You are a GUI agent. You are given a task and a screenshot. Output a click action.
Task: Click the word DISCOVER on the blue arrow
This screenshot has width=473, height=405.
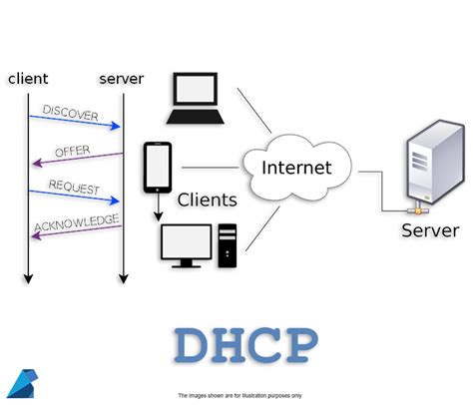[x=71, y=113]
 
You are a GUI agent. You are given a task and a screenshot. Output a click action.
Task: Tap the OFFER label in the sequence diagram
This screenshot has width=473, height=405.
[x=72, y=151]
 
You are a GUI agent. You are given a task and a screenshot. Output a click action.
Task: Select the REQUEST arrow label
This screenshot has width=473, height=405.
[x=72, y=189]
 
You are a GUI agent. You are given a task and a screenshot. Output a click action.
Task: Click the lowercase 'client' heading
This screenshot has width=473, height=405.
[x=27, y=78]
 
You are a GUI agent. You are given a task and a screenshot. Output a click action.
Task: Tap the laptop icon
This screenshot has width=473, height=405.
[x=196, y=99]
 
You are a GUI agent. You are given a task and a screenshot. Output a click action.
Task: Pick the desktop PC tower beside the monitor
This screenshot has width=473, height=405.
[x=229, y=244]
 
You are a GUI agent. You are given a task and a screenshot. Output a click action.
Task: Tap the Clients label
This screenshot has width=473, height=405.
[x=207, y=200]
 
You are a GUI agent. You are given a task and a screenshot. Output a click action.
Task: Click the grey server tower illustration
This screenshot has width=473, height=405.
[x=434, y=167]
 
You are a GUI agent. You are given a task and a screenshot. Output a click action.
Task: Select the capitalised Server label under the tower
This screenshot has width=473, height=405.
[x=430, y=230]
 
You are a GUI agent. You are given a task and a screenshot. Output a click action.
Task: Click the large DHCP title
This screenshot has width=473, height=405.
[x=245, y=345]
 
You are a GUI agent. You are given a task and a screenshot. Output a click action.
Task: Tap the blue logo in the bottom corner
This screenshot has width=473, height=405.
[x=20, y=384]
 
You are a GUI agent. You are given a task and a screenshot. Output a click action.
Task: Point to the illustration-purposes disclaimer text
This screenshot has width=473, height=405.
[x=239, y=395]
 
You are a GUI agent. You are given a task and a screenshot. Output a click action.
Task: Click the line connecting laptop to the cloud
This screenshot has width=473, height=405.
[x=253, y=110]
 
